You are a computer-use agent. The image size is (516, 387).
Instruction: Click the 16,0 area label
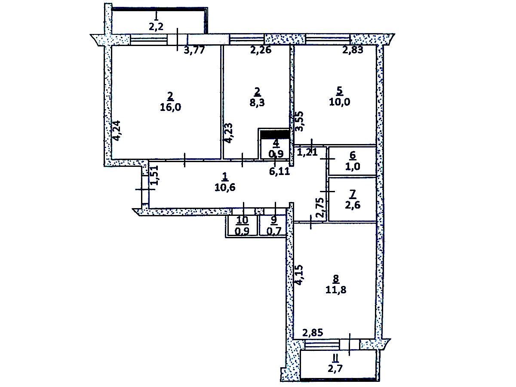click(170, 107)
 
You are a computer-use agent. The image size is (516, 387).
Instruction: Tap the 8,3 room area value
click(257, 103)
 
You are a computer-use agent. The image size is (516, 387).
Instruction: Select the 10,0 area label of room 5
click(340, 102)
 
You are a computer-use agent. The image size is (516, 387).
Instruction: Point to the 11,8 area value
click(336, 290)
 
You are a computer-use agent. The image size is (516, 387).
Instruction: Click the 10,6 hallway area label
click(225, 187)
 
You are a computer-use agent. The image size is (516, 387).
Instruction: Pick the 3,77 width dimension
click(194, 50)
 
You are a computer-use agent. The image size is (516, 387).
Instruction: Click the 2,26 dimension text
click(261, 50)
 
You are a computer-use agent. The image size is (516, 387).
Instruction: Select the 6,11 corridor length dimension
click(279, 171)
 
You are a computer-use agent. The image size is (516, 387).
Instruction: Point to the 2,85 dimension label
click(313, 333)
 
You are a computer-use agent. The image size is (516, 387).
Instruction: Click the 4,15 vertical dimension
click(299, 275)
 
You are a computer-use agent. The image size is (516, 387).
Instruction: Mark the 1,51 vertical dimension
click(154, 175)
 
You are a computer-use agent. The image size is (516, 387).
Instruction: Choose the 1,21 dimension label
click(307, 152)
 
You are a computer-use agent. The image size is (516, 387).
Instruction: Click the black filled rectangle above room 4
click(275, 134)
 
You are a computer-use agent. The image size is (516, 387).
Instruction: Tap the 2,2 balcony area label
click(156, 27)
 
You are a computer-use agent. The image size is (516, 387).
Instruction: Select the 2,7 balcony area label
click(335, 369)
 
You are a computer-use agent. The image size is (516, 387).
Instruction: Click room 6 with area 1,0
click(352, 161)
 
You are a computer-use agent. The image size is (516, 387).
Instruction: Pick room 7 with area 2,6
click(352, 199)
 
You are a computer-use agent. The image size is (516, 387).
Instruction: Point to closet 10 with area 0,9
click(242, 226)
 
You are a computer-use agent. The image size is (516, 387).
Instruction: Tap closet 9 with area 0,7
click(273, 226)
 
